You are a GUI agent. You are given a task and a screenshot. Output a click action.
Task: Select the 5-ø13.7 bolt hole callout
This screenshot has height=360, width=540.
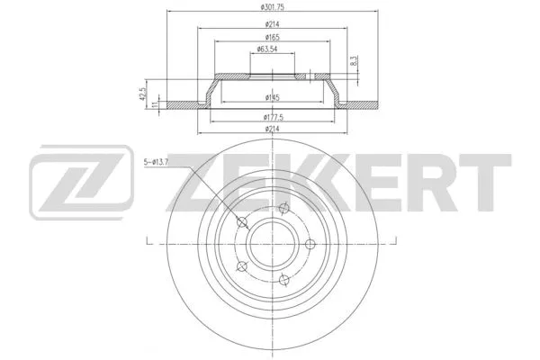coord(169,162)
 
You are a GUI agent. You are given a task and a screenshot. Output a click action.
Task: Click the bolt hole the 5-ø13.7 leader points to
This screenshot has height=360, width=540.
coord(241,224)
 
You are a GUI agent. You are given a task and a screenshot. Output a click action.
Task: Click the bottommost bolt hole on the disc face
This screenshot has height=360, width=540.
coord(282,278)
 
